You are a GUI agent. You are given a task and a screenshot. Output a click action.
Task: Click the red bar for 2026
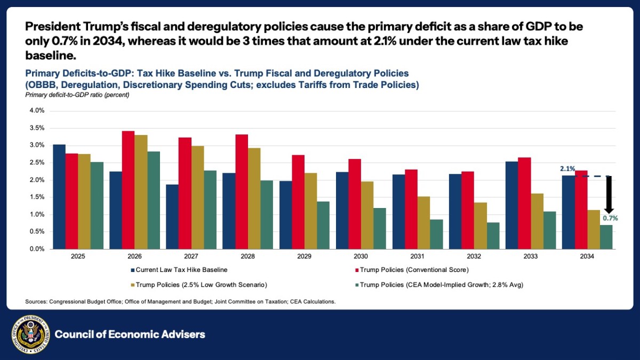(129, 190)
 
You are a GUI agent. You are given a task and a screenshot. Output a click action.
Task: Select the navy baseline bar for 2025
(59, 197)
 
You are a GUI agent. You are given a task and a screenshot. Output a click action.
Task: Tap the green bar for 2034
(606, 237)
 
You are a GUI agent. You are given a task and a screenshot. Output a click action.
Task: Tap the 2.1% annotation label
(567, 169)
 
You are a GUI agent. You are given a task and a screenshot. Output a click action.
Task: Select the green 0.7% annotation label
(610, 218)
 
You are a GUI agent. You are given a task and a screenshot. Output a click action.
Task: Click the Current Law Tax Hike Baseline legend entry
(179, 270)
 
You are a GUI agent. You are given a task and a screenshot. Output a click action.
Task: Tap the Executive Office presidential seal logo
(29, 334)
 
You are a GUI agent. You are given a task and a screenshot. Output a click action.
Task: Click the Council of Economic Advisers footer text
(130, 334)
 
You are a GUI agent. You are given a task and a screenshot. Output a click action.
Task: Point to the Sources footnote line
(180, 302)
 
